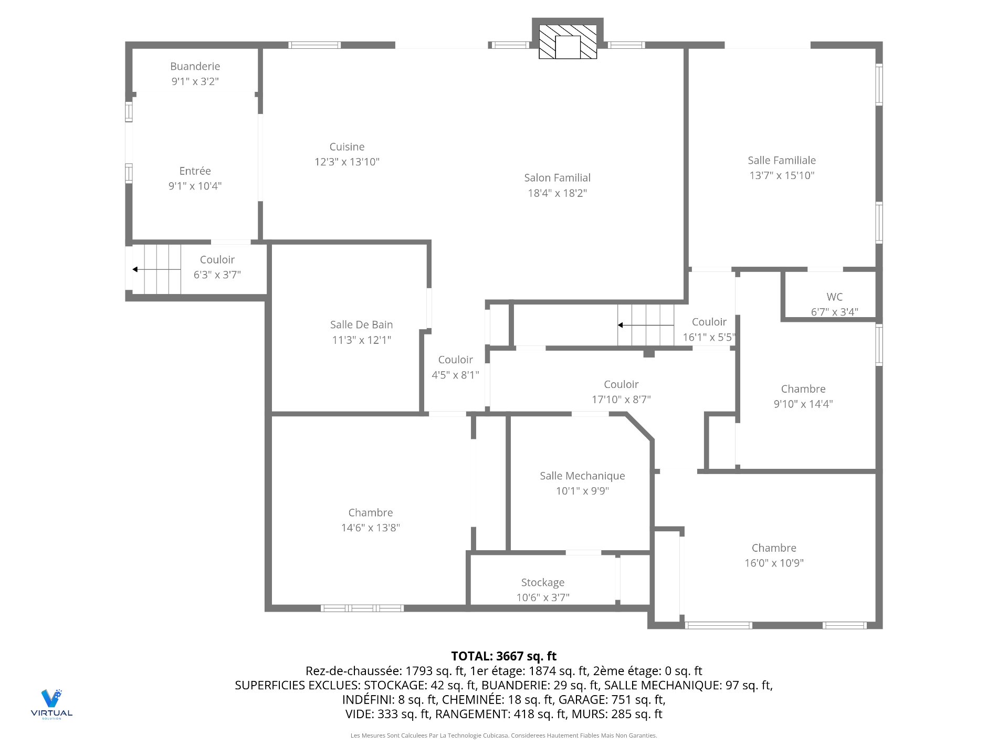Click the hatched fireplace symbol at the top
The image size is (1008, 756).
click(x=568, y=41)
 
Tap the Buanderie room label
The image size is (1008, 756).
click(x=195, y=67)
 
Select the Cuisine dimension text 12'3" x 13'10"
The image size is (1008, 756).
click(x=346, y=162)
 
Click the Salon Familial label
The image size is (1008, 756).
click(x=557, y=178)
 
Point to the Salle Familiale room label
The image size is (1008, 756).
click(x=781, y=161)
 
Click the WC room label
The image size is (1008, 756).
click(x=834, y=297)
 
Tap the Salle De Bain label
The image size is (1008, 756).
click(x=361, y=325)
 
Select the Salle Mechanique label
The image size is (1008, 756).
click(x=582, y=476)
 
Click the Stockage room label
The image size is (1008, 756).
click(x=542, y=583)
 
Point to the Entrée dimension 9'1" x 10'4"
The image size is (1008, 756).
click(x=195, y=186)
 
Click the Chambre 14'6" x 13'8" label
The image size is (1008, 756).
click(x=370, y=513)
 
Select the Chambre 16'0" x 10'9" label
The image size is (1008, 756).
click(x=774, y=548)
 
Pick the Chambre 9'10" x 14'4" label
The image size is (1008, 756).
click(x=803, y=389)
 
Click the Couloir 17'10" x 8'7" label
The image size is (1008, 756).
click(x=621, y=385)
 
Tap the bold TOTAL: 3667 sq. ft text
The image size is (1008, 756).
click(x=503, y=656)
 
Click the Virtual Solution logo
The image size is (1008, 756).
click(x=51, y=703)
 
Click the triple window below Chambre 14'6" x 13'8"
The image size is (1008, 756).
click(x=362, y=608)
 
